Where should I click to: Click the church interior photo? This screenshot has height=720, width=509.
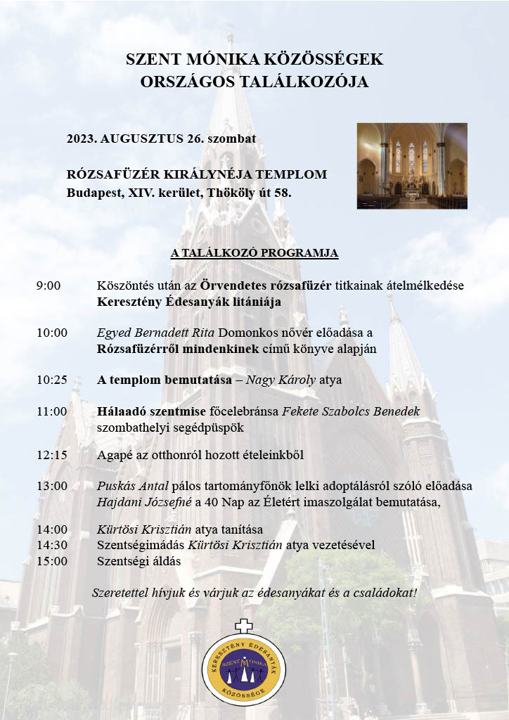(412, 166)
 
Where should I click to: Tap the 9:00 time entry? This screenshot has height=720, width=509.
(49, 285)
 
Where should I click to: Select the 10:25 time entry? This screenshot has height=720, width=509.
(52, 380)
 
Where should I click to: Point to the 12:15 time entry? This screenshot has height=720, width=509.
(52, 454)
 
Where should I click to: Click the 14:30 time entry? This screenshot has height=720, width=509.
(52, 545)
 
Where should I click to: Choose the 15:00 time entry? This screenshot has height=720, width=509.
(52, 561)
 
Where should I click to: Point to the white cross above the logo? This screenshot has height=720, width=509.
(243, 624)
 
